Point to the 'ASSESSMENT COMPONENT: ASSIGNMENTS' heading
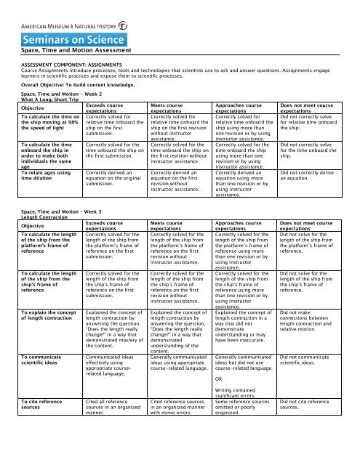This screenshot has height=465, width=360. click(x=81, y=64)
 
